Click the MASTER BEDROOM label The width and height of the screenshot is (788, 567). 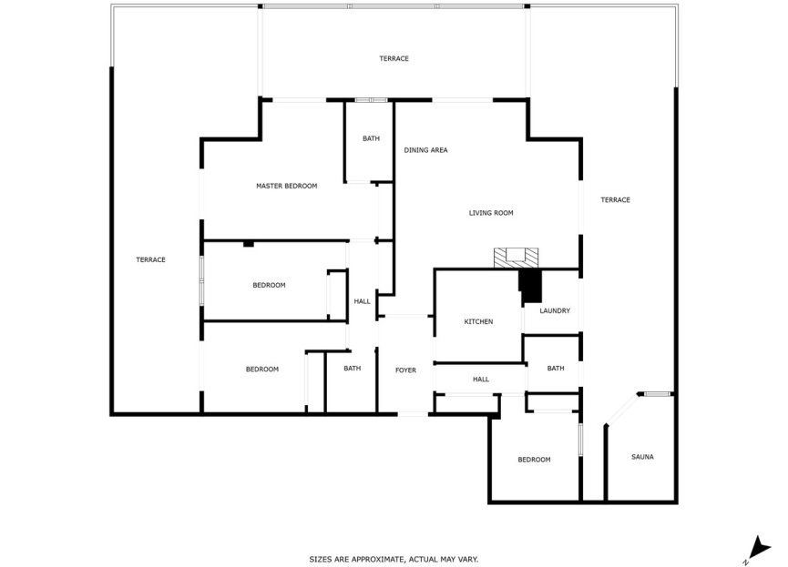286,186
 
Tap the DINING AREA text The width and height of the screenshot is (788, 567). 425,150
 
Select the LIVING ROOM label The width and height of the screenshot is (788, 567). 491,213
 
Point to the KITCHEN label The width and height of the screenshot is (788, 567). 478,321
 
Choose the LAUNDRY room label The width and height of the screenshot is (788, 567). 555,310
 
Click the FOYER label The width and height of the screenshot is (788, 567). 405,370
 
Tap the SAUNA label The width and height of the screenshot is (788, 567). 642,457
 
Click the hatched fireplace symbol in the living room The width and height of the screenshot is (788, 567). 510,258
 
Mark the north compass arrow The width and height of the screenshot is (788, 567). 755,547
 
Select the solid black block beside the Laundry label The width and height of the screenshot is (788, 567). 529,286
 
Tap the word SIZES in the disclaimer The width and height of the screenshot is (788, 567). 322,559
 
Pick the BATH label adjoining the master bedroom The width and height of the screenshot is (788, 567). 371,138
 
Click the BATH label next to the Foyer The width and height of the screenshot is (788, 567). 352,368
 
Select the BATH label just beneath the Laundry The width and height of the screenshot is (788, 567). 556,368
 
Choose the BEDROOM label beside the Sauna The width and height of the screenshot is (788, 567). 534,460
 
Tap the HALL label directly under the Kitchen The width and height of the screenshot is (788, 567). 481,379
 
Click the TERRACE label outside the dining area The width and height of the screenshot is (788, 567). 394,58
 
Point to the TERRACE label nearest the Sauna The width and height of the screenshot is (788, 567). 615,199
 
